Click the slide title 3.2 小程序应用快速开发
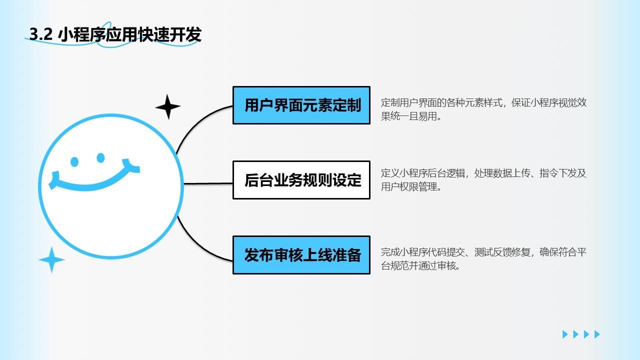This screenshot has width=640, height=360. click(115, 35)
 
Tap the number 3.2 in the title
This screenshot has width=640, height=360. click(41, 35)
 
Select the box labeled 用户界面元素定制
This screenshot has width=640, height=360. click(301, 105)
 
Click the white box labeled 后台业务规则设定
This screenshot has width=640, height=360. click(301, 180)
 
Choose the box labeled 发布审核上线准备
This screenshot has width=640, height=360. click(301, 255)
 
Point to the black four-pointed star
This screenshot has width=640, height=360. click(167, 106)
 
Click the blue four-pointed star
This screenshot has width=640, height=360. click(51, 260)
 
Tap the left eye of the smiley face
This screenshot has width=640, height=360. click(75, 161)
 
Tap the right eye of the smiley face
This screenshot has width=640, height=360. click(100, 158)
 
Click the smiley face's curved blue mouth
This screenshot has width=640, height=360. click(95, 183)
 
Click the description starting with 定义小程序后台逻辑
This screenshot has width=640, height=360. click(483, 180)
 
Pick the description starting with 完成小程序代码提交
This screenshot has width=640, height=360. click(483, 259)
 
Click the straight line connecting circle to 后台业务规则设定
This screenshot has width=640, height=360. click(207, 183)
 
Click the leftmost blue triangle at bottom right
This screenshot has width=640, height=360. click(565, 334)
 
